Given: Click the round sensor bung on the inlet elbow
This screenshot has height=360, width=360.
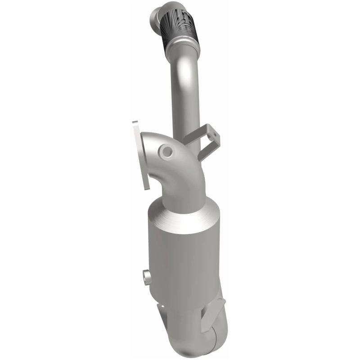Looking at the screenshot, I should pyautogui.click(x=168, y=152).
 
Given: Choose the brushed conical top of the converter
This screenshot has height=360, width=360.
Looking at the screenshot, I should pyautogui.click(x=180, y=220).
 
